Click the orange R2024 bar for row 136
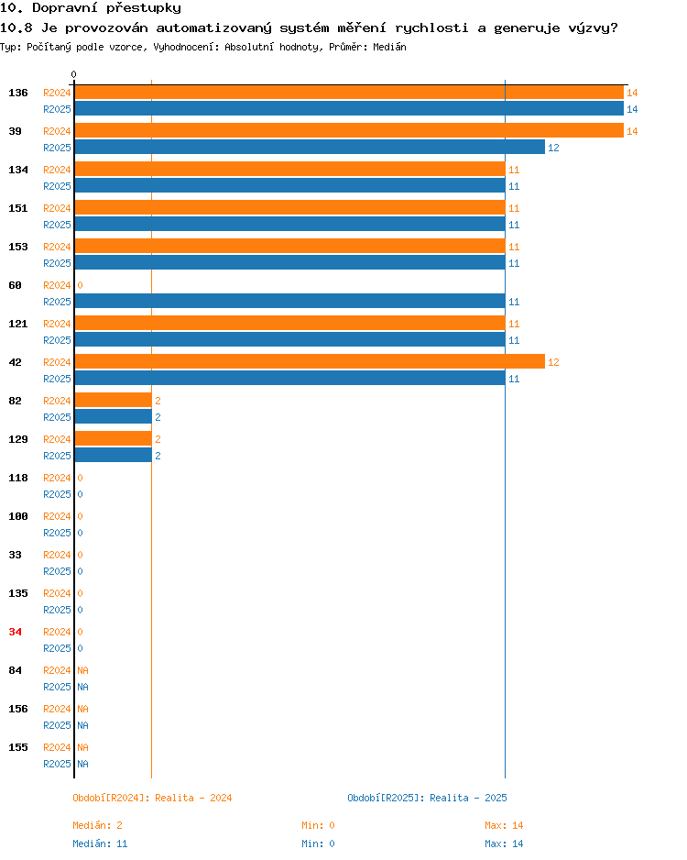tap(349, 92)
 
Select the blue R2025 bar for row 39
tap(310, 147)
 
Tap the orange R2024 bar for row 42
tap(310, 361)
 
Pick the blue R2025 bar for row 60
tap(289, 301)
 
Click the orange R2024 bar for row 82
tap(113, 400)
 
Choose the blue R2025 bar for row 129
tap(113, 455)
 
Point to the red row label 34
tap(16, 632)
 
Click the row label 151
tap(18, 208)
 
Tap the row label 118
tap(18, 478)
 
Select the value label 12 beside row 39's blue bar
tap(553, 148)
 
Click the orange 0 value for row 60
tap(80, 285)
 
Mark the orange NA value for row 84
tap(82, 670)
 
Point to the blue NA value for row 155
tap(82, 764)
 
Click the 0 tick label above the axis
tap(73, 74)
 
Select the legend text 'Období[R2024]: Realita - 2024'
tap(152, 798)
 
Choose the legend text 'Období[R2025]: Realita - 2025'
tap(428, 798)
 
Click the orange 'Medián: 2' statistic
tap(97, 825)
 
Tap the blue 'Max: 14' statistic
tap(504, 843)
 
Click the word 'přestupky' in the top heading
tap(144, 7)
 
